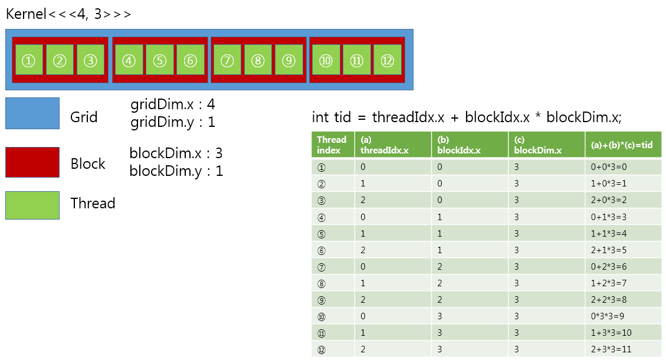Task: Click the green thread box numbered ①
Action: click(x=29, y=60)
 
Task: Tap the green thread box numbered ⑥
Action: click(x=190, y=60)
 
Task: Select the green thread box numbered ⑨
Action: click(x=288, y=60)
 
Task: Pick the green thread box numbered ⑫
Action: click(x=387, y=60)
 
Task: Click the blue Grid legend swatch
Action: click(x=32, y=113)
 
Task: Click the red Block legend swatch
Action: click(x=32, y=162)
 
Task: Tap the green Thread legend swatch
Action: click(x=32, y=205)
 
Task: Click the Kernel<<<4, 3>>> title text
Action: click(x=68, y=14)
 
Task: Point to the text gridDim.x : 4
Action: click(x=173, y=105)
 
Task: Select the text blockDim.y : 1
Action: click(x=176, y=171)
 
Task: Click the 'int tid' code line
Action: click(x=467, y=117)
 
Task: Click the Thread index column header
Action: click(x=332, y=145)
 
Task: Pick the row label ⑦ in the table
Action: click(x=321, y=267)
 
